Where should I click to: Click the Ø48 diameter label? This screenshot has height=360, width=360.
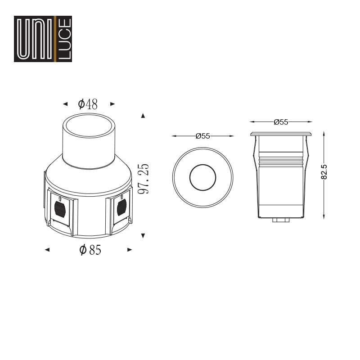point(88,104)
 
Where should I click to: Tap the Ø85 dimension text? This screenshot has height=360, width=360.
point(90,250)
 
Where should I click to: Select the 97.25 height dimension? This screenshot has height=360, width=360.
point(144,179)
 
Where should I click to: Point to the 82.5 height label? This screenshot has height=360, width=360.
point(324,172)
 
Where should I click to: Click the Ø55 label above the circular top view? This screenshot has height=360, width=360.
point(203,136)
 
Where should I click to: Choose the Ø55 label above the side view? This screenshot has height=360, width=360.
point(281,122)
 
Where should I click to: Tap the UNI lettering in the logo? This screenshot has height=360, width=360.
point(35,39)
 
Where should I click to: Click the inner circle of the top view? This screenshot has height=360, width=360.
point(203,165)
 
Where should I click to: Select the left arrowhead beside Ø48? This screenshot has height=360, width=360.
point(65,104)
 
